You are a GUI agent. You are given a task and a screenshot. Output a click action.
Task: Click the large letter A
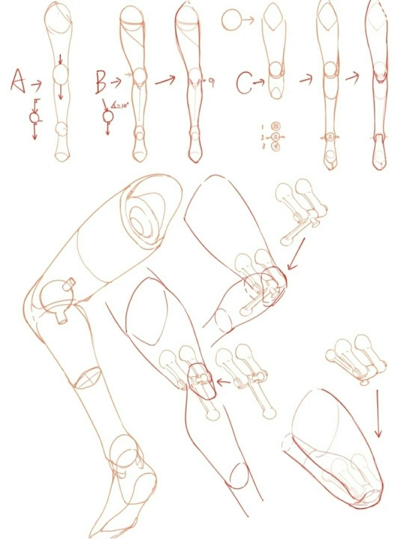18,81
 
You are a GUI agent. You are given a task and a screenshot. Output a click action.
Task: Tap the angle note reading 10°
120,106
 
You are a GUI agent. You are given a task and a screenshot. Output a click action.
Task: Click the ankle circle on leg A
61,130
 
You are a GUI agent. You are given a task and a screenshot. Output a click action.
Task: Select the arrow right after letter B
116,81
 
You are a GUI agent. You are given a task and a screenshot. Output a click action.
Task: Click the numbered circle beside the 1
277,127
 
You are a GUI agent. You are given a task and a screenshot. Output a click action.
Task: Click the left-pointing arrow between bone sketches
224,382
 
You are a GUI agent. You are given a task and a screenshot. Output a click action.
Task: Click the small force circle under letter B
108,116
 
